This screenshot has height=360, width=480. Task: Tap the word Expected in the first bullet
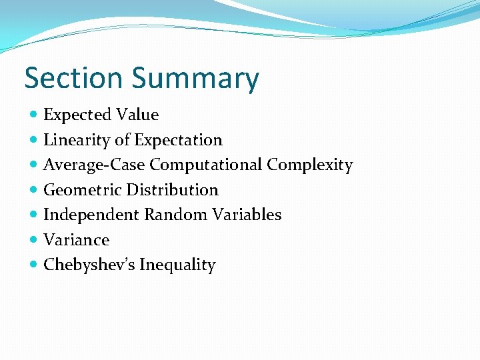pyautogui.click(x=77, y=115)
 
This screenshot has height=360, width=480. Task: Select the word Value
pyautogui.click(x=137, y=115)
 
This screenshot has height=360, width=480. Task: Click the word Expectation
pyautogui.click(x=178, y=141)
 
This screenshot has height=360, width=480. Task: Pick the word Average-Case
pyautogui.click(x=94, y=165)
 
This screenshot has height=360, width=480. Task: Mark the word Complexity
pyautogui.click(x=310, y=165)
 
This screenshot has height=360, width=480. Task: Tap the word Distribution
pyautogui.click(x=173, y=190)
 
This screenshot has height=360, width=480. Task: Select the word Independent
pyautogui.click(x=91, y=215)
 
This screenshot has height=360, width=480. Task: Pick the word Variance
pyautogui.click(x=76, y=240)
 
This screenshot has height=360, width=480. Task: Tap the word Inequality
pyautogui.click(x=177, y=265)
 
